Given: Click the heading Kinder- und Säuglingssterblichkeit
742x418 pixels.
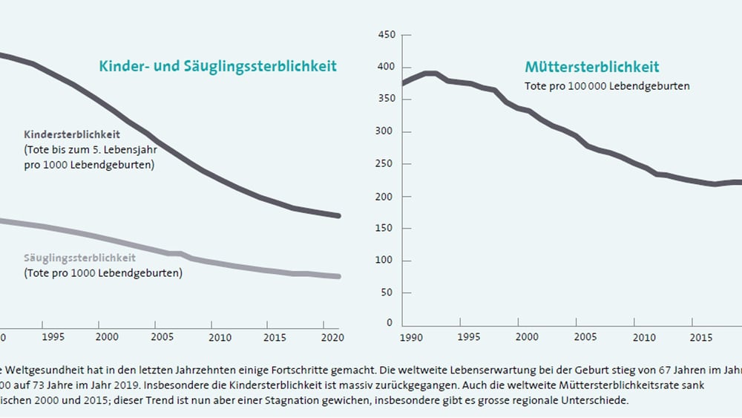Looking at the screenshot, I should pos(217,66).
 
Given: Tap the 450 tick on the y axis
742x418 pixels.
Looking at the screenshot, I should pos(386,35).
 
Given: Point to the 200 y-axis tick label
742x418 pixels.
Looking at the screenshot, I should pos(386,197).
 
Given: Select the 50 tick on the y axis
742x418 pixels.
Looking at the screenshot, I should pos(388,293).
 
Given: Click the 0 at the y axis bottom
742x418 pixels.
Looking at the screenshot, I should pos(390,324).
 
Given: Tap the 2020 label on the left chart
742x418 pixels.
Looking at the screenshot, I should pos(324,336).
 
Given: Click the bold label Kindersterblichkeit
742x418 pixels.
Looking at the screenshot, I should pos(72,134).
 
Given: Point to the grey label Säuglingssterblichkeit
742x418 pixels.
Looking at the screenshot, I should pos(79,258).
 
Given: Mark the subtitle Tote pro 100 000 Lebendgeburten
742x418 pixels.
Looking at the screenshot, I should pos(607,86).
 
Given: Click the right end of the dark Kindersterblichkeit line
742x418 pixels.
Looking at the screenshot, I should pos(339,216).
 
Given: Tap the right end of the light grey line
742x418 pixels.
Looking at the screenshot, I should pos(339,277).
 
